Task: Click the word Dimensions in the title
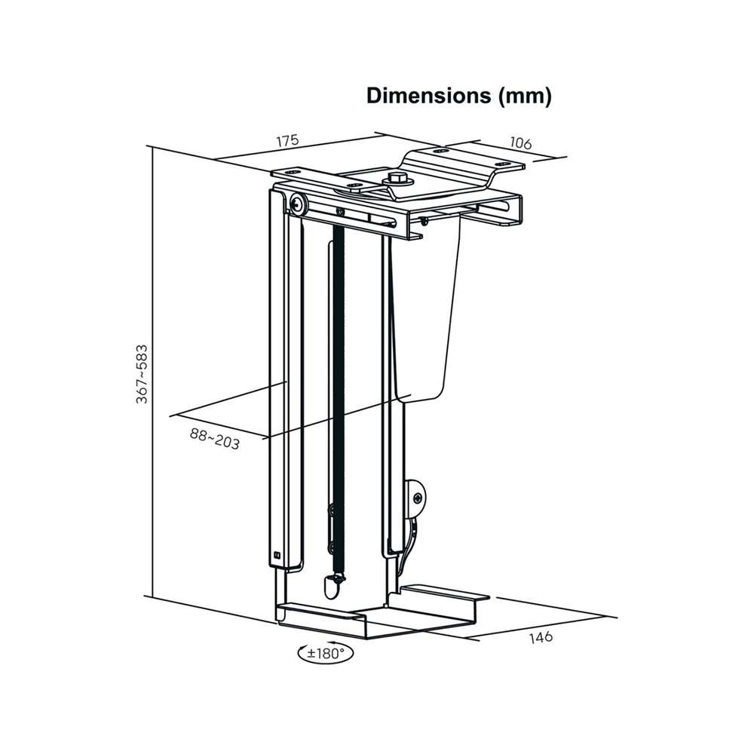coord(428,96)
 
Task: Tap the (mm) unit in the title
coord(525,97)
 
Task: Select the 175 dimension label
coord(287,140)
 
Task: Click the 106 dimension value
coord(521,143)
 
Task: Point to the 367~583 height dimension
coord(142,374)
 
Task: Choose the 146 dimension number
coord(541,638)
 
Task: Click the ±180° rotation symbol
coord(326,652)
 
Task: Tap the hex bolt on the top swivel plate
coord(397,179)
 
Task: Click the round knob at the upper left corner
coord(298,204)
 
